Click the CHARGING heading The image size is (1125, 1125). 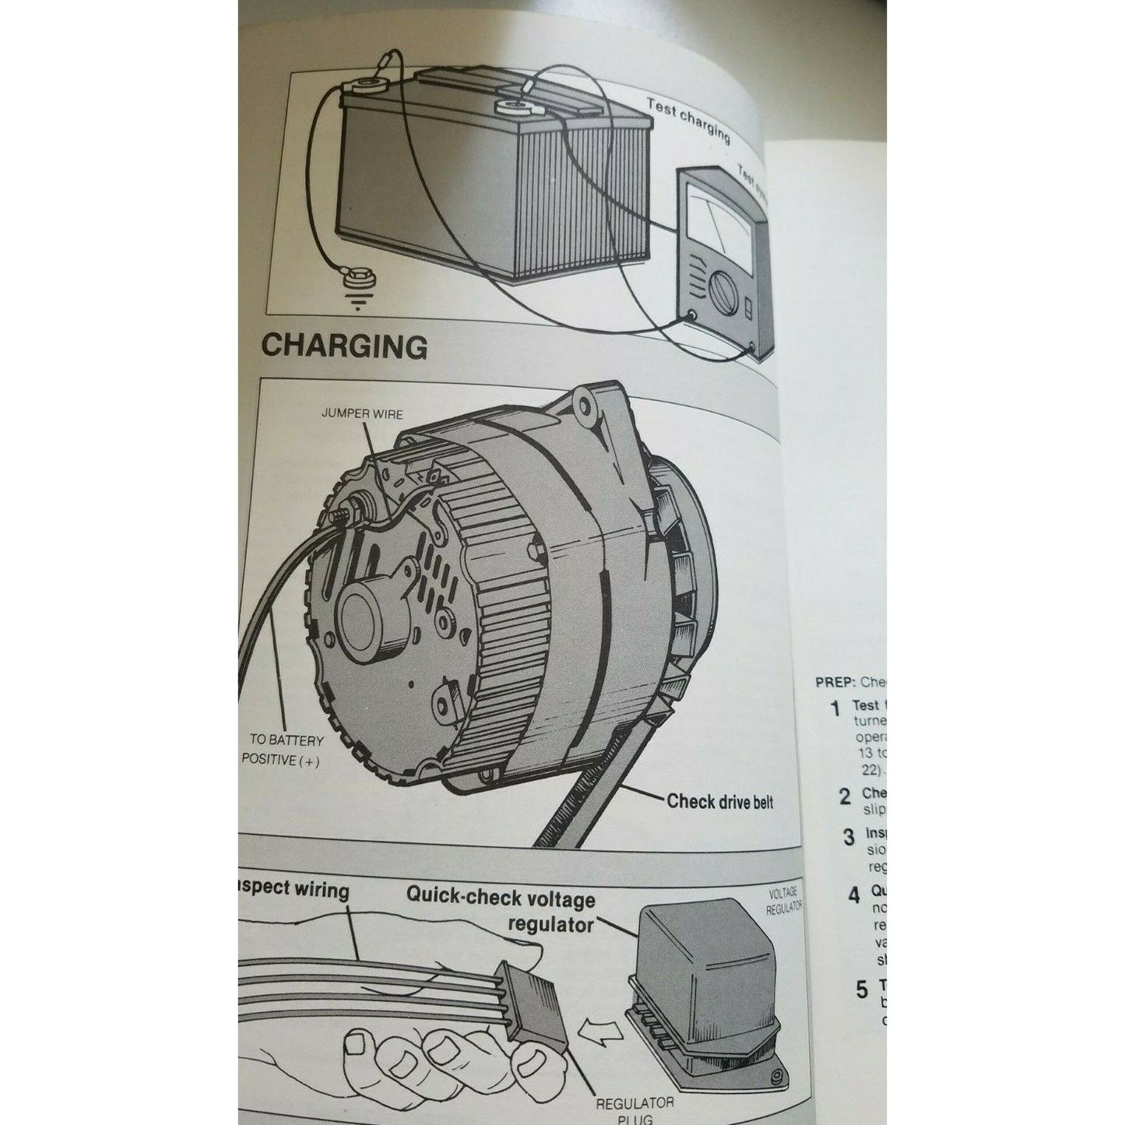[x=343, y=346]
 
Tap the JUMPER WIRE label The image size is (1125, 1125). [x=362, y=413]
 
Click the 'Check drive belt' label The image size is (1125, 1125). [x=719, y=801]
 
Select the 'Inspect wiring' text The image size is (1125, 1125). [x=294, y=889]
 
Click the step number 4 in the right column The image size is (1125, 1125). [x=854, y=895]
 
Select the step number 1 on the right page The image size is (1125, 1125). [x=835, y=708]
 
